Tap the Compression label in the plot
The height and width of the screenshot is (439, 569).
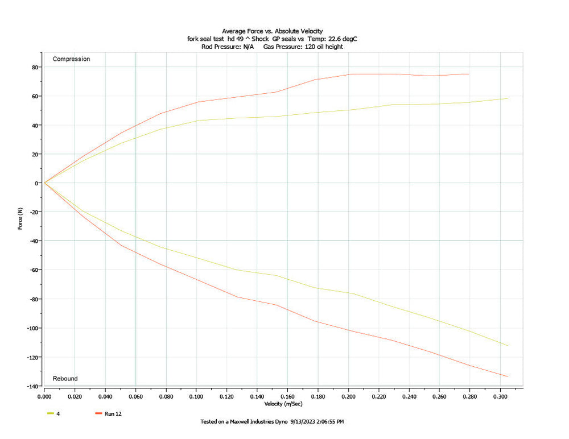(71, 59)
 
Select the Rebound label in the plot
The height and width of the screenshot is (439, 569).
(65, 379)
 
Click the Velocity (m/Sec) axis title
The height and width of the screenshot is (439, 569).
(283, 404)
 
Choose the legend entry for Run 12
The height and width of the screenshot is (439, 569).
(113, 413)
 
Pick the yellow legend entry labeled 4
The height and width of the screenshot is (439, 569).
(58, 413)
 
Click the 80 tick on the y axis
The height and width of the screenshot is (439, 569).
(34, 67)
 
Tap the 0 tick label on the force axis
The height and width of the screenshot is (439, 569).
(36, 183)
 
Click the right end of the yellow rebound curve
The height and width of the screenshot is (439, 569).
(508, 345)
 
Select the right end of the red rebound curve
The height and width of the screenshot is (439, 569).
(508, 376)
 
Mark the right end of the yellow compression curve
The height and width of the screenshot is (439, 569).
(508, 98)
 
